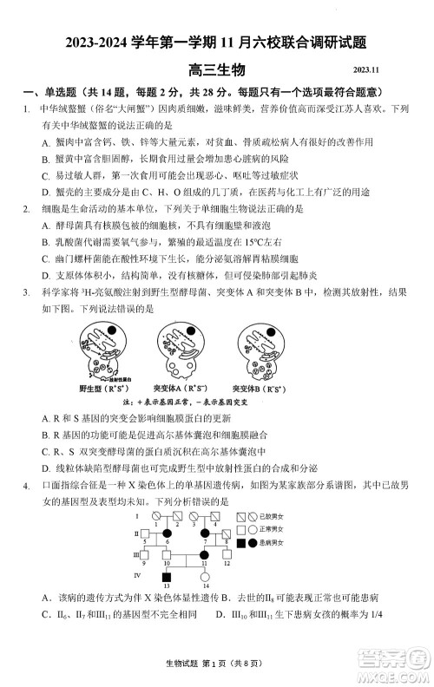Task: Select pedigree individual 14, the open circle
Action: coord(205,576)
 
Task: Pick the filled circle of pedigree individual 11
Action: coord(205,554)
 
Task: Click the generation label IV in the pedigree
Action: coord(136,575)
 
